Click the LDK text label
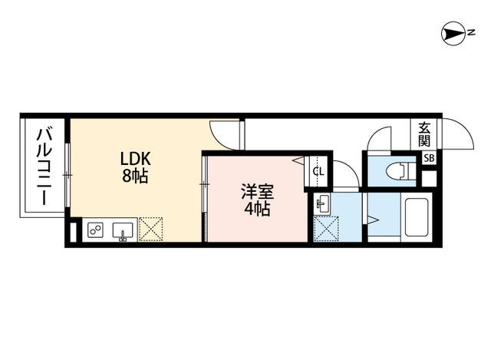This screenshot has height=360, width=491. pyautogui.click(x=136, y=159)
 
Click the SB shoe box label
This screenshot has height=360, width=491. pyautogui.click(x=430, y=158)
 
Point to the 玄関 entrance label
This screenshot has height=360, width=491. pyautogui.click(x=424, y=135)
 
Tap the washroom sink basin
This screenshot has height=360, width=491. pyautogui.click(x=322, y=204)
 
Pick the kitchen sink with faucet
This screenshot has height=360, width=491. pyautogui.click(x=124, y=230)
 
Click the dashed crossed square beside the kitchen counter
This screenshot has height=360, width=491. pyautogui.click(x=150, y=229)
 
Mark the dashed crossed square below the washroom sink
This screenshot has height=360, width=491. pyautogui.click(x=325, y=229)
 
